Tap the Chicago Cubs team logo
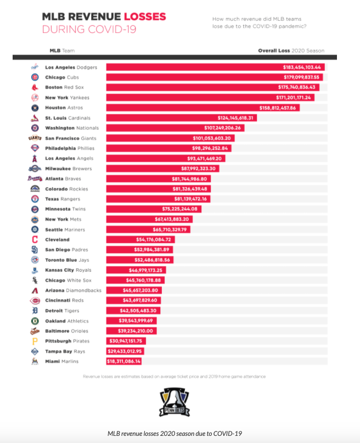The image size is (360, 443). pyautogui.click(x=35, y=77)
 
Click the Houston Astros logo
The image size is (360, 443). pyautogui.click(x=35, y=108)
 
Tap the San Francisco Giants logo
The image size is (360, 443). pyautogui.click(x=35, y=138)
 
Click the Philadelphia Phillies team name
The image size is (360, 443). pyautogui.click(x=70, y=148)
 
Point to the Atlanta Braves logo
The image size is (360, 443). pyautogui.click(x=35, y=178)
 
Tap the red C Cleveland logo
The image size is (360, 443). pyautogui.click(x=35, y=239)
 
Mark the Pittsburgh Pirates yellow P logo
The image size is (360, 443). pyautogui.click(x=35, y=341)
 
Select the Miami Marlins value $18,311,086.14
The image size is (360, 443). pyautogui.click(x=124, y=361)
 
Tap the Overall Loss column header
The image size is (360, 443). pyautogui.click(x=274, y=51)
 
